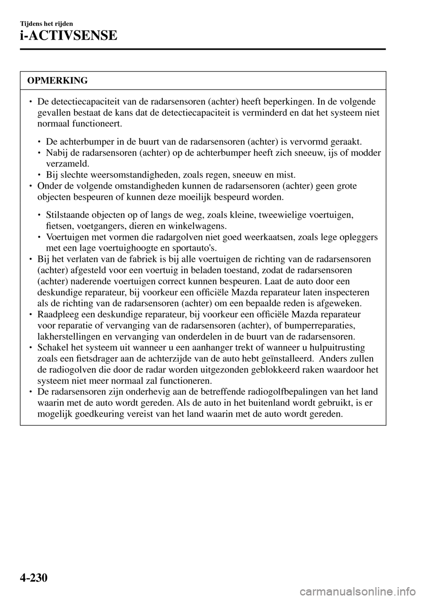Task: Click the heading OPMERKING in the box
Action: (57, 80)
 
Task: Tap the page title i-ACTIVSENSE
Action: (68, 35)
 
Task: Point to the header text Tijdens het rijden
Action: (46, 23)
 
